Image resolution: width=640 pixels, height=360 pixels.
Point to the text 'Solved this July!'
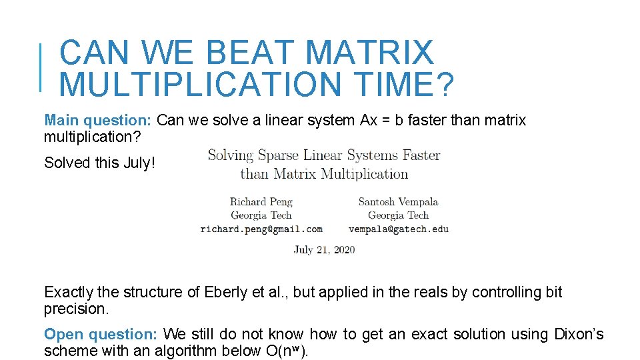coord(99,163)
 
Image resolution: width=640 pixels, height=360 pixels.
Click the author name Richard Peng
coord(261,201)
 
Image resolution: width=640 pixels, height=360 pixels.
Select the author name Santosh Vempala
coord(398,201)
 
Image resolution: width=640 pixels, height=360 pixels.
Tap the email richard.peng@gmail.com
coord(261,229)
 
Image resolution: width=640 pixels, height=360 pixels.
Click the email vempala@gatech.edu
coord(398,229)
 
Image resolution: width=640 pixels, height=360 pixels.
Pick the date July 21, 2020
coord(324,250)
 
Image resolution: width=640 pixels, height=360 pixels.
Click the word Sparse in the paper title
coord(279,156)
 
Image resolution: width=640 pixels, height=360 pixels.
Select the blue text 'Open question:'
coord(101,334)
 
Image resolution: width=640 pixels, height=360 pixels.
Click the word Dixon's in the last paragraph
coord(579,334)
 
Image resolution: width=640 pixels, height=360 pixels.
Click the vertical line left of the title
coord(41,67)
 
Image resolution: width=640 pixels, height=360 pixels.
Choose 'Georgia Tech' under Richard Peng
coord(261,215)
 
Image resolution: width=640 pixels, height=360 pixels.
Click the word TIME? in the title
coord(406,85)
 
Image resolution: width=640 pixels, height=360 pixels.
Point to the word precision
coord(75,309)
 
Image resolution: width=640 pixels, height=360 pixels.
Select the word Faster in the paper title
coord(421,156)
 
